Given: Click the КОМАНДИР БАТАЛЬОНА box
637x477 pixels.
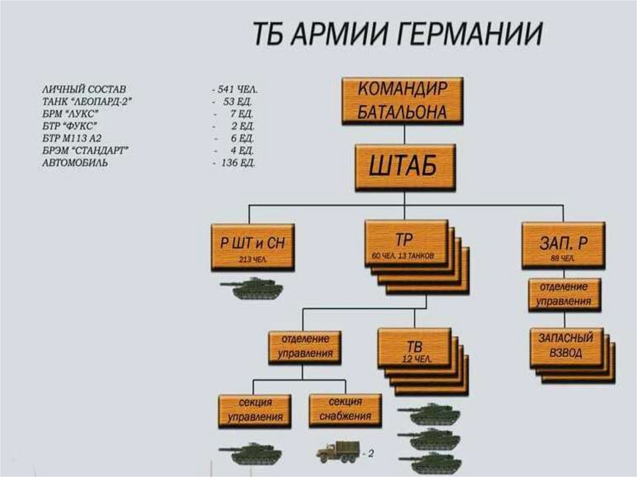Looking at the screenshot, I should [x=403, y=100].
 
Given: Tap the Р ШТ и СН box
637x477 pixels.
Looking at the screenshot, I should [x=253, y=246].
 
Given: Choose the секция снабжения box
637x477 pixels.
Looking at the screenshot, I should [x=345, y=409].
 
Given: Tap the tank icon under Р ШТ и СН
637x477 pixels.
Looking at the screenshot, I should [x=252, y=289].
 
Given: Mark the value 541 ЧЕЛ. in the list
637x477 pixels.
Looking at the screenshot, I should [x=237, y=90].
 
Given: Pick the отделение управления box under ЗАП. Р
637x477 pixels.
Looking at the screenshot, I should [x=565, y=294].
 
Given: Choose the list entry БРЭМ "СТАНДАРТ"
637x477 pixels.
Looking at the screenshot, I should [x=85, y=151].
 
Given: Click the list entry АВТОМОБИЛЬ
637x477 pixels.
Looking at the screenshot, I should [x=75, y=163].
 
